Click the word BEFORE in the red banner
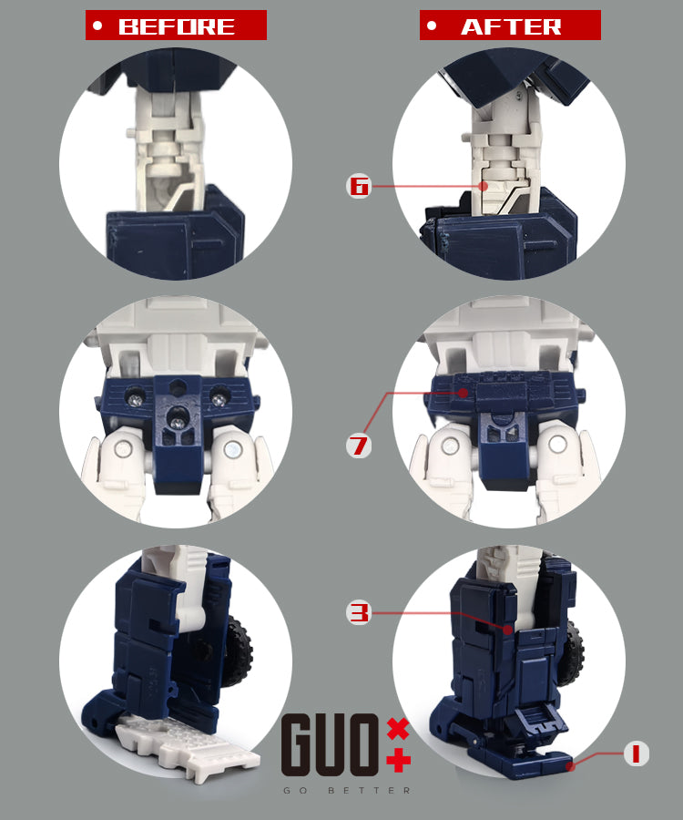[177, 26]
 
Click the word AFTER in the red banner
[511, 26]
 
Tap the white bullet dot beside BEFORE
[97, 26]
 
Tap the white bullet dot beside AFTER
[431, 26]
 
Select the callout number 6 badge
[359, 186]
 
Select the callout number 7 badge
[359, 446]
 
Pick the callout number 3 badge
[359, 612]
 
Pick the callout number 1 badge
[636, 753]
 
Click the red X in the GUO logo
[398, 729]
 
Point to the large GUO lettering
[330, 744]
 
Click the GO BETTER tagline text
[346, 790]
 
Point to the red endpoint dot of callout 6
[484, 186]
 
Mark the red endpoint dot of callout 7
[463, 393]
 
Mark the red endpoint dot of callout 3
[507, 630]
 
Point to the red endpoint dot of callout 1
[571, 766]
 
